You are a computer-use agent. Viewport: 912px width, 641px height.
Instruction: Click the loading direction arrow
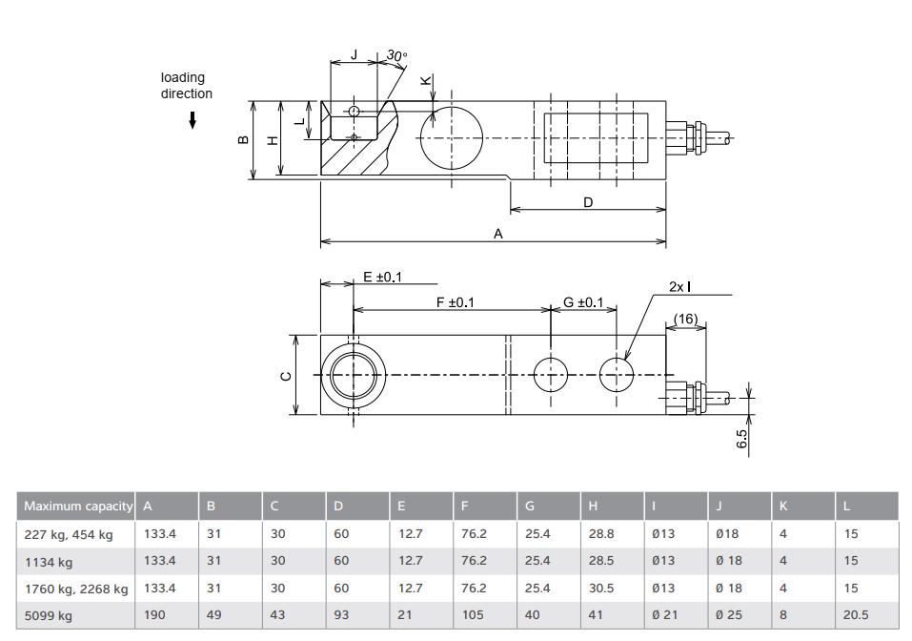(x=193, y=119)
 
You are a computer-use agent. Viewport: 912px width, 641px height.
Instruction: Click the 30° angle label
(x=395, y=56)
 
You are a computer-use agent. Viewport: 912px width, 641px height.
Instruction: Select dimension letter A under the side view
(x=497, y=233)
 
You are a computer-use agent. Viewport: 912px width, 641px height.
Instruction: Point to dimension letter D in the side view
(x=588, y=202)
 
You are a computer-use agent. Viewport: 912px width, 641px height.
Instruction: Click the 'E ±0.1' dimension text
(x=383, y=277)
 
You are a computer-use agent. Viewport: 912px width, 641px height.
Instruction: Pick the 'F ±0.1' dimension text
(x=455, y=302)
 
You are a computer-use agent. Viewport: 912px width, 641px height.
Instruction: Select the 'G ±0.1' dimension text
(x=583, y=302)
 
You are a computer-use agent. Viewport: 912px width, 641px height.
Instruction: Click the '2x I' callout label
(x=679, y=286)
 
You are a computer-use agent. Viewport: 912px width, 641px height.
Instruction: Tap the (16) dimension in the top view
(x=686, y=320)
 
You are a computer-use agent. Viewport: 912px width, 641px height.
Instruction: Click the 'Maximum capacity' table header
(x=77, y=506)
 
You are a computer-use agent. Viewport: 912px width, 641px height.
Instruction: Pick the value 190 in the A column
(x=154, y=615)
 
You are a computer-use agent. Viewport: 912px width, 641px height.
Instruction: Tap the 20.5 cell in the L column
(x=855, y=615)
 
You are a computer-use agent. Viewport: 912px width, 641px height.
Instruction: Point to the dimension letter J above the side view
(x=354, y=55)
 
